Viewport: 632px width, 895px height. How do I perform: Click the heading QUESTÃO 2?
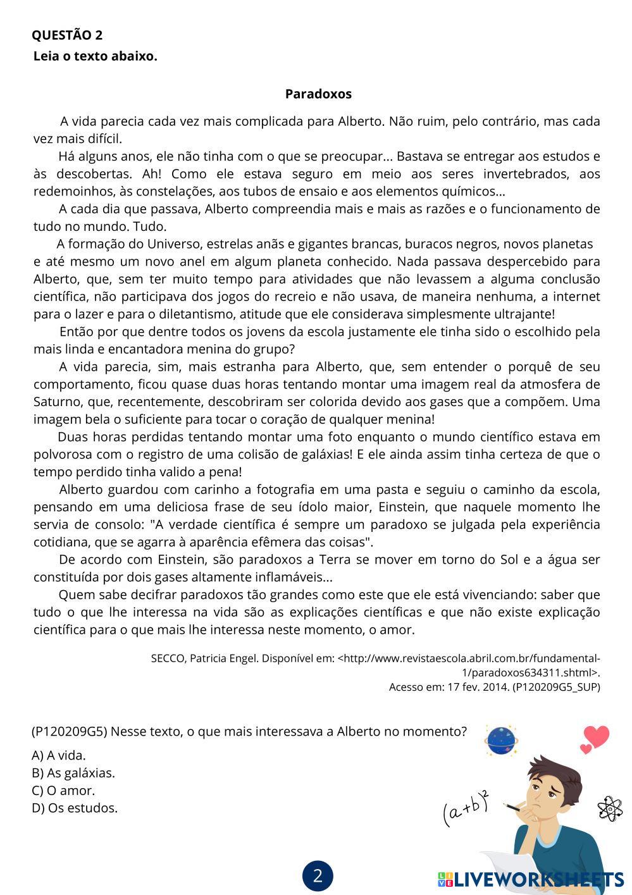click(67, 35)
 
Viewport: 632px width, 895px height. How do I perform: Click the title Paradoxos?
click(318, 94)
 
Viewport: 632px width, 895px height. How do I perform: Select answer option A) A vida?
click(59, 755)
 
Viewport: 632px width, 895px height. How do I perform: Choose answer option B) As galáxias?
click(73, 773)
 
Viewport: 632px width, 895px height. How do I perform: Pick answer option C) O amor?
click(63, 791)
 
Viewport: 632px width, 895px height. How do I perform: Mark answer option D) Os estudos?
click(75, 808)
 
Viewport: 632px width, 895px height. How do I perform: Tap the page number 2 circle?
click(318, 876)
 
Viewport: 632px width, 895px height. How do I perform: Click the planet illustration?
click(502, 740)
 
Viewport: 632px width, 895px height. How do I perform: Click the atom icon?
click(610, 808)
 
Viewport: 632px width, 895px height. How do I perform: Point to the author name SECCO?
click(168, 658)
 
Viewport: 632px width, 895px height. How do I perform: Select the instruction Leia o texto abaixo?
click(95, 56)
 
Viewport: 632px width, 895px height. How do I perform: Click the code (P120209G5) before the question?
click(73, 732)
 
